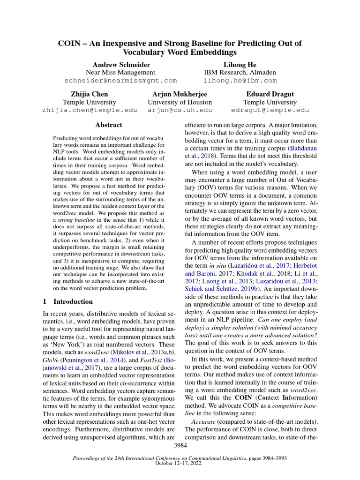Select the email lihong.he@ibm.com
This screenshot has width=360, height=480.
coord(240,81)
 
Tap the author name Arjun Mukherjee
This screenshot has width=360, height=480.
coord(180,94)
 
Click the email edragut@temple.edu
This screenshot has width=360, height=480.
coord(270,110)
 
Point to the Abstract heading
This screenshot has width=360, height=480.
coord(108,125)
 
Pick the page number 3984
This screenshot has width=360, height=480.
coord(180,444)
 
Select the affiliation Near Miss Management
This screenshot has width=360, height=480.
coord(120,72)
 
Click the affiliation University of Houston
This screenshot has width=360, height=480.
coord(180,102)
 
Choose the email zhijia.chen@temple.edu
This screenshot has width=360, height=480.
coord(90,110)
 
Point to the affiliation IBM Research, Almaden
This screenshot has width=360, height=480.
coord(240,72)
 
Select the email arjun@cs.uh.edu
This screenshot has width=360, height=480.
coord(180,110)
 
